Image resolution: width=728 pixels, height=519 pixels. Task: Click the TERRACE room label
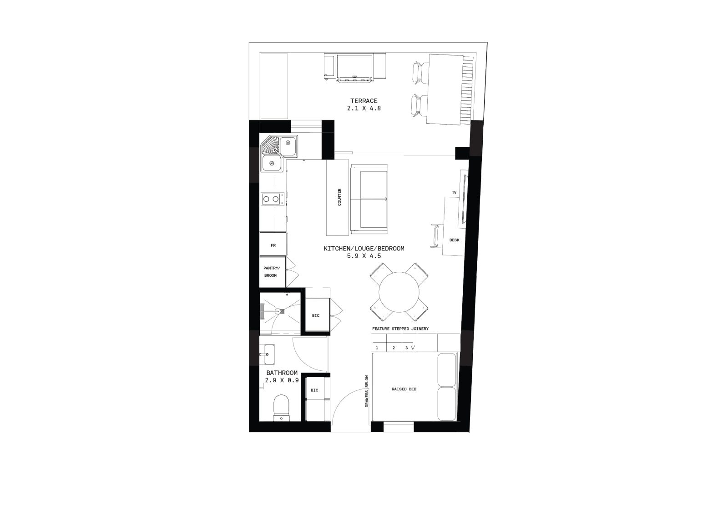(364, 101)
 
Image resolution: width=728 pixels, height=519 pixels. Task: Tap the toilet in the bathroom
(281, 408)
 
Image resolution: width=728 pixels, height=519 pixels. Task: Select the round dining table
(399, 292)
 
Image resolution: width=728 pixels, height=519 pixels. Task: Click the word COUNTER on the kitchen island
(339, 197)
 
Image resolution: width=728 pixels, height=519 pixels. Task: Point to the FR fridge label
(273, 245)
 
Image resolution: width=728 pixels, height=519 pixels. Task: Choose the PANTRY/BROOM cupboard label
(271, 272)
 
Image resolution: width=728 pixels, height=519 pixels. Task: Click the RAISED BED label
(404, 389)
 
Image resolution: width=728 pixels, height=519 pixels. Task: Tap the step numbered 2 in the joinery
(394, 348)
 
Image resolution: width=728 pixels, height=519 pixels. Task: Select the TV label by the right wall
(454, 193)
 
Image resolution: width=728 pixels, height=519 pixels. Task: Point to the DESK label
(455, 240)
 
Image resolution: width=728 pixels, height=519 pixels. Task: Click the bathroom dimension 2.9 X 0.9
(282, 380)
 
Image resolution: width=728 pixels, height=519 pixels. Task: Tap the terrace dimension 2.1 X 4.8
(364, 109)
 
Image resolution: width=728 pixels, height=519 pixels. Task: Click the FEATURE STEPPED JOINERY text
(400, 329)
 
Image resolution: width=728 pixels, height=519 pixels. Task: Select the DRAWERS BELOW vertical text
(367, 391)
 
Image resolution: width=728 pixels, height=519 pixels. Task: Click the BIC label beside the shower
(316, 315)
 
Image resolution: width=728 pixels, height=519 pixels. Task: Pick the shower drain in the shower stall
(277, 311)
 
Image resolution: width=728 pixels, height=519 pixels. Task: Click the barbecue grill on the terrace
(354, 68)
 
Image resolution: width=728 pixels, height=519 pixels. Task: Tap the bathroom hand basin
(267, 354)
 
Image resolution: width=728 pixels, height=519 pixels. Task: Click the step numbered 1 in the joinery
(377, 348)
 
